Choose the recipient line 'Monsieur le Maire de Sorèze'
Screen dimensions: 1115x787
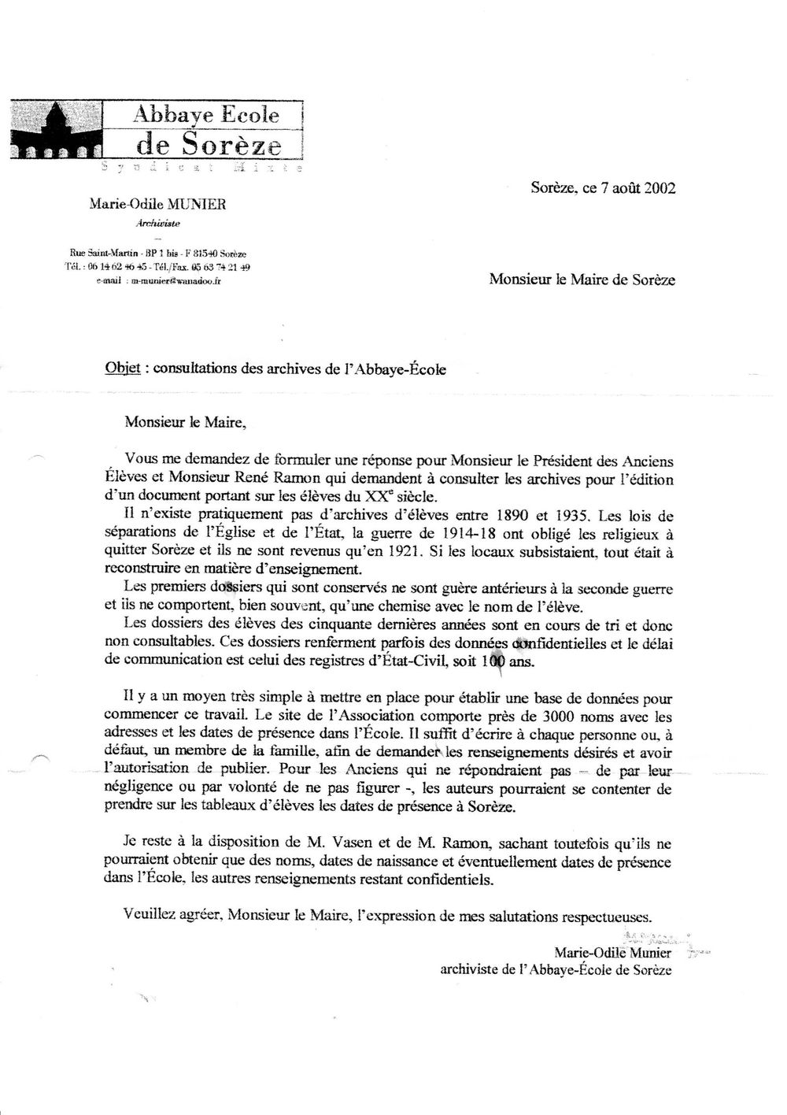[582, 279]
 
